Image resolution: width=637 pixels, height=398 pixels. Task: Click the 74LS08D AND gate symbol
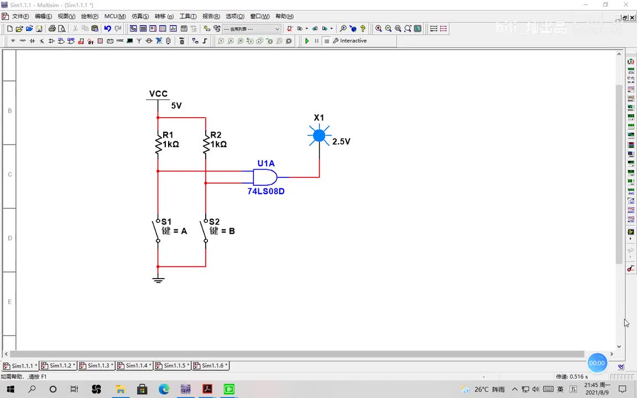point(265,177)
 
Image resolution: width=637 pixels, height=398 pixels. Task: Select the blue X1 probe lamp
point(319,135)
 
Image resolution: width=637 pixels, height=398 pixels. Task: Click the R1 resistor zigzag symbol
point(158,144)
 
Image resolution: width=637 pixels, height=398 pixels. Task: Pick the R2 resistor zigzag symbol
point(206,144)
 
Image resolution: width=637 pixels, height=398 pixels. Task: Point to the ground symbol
point(158,279)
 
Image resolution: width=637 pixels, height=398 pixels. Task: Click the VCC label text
point(158,94)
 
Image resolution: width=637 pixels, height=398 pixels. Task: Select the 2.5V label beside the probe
point(341,142)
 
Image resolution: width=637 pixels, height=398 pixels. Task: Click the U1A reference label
point(266,164)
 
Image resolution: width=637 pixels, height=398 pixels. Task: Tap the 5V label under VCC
point(176,106)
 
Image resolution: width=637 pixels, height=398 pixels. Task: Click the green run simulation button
point(307,41)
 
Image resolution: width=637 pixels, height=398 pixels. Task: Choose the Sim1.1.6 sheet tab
point(210,365)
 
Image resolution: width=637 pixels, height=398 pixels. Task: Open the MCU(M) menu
point(115,16)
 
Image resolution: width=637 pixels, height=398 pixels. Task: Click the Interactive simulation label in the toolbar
point(353,41)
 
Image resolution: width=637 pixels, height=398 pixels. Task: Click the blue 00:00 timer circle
point(597,363)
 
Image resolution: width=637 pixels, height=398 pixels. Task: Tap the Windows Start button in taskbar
point(11,389)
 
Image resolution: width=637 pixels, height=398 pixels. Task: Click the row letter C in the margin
point(9,175)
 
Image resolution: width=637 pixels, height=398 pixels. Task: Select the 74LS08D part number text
point(266,191)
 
